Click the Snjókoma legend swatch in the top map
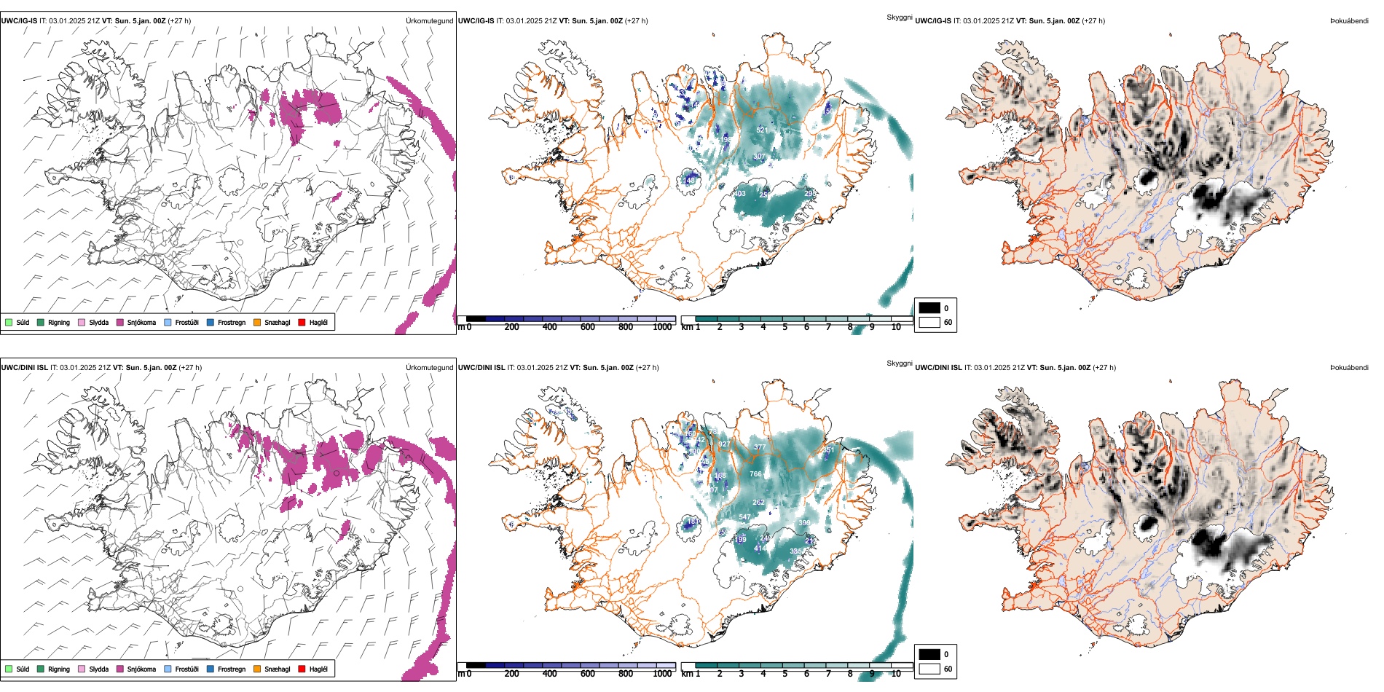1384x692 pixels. pyautogui.click(x=120, y=322)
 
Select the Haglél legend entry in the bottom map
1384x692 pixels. pyautogui.click(x=318, y=669)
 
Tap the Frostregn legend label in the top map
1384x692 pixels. pyautogui.click(x=231, y=322)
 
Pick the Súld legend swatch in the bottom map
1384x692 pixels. pyautogui.click(x=9, y=669)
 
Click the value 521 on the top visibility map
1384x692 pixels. pyautogui.click(x=762, y=130)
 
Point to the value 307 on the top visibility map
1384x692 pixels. pyautogui.click(x=759, y=157)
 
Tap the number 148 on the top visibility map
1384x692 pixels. pyautogui.click(x=689, y=180)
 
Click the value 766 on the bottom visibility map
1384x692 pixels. pyautogui.click(x=755, y=474)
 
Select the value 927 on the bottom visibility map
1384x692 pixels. pyautogui.click(x=723, y=444)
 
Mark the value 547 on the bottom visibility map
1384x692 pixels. pyautogui.click(x=744, y=517)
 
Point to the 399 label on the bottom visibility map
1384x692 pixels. pyautogui.click(x=804, y=523)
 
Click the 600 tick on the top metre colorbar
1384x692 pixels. pyautogui.click(x=587, y=327)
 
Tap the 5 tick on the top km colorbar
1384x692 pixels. pyautogui.click(x=785, y=327)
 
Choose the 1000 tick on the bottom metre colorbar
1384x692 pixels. pyautogui.click(x=662, y=674)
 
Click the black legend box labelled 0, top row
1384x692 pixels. pyautogui.click(x=929, y=308)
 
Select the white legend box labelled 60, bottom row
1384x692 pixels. pyautogui.click(x=929, y=669)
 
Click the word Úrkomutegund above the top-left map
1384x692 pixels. pyautogui.click(x=429, y=21)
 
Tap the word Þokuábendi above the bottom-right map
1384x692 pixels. pyautogui.click(x=1349, y=368)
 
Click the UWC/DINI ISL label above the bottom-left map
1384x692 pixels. pyautogui.click(x=24, y=368)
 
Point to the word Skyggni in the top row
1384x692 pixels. pyautogui.click(x=899, y=17)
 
